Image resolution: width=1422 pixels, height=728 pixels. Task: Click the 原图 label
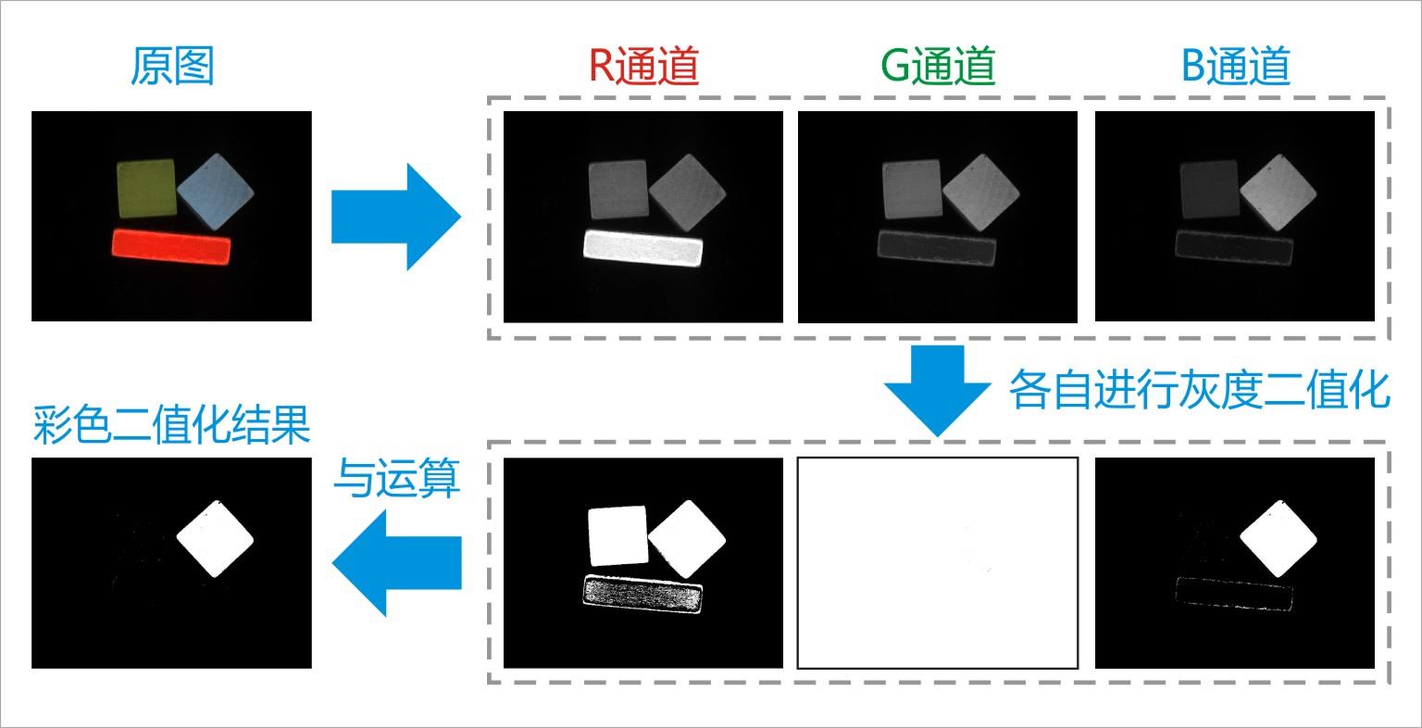[172, 66]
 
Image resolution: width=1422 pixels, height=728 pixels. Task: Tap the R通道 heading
[643, 66]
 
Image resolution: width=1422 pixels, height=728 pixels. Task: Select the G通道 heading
[938, 66]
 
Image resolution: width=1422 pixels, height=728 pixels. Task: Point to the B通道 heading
[1235, 66]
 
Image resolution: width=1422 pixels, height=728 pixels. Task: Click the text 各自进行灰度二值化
[1199, 389]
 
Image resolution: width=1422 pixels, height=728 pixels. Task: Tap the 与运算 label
[397, 478]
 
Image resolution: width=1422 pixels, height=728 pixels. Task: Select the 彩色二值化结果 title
[171, 424]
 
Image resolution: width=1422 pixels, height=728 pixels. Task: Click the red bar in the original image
[171, 247]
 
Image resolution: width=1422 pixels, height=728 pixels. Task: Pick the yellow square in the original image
[146, 189]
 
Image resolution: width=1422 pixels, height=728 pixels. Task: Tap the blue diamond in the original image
[215, 191]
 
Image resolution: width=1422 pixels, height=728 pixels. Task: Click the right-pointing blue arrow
[396, 217]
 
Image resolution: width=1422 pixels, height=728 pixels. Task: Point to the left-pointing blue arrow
[397, 563]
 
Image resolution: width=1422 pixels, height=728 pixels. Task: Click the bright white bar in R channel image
[643, 247]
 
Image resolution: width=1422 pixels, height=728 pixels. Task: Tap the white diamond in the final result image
[215, 539]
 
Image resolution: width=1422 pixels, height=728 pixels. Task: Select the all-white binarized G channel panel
[938, 563]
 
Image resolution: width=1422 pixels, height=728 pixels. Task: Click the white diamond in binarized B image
[1278, 539]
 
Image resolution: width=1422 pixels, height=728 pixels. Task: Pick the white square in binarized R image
[618, 535]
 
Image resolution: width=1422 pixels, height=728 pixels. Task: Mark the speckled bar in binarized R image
[643, 594]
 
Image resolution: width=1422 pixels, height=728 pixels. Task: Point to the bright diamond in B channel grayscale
[1278, 192]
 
